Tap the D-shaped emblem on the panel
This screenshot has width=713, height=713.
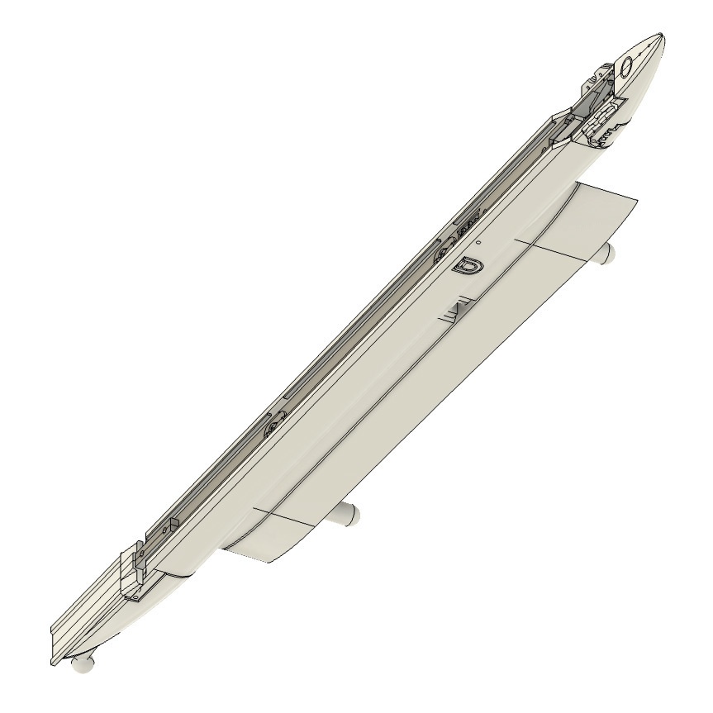coord(469,266)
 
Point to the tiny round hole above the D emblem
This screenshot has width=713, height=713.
coord(478,245)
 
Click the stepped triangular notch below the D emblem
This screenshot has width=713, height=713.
coord(457,311)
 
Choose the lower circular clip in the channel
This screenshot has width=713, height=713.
coord(272,426)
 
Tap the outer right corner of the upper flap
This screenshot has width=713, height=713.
coord(638,201)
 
